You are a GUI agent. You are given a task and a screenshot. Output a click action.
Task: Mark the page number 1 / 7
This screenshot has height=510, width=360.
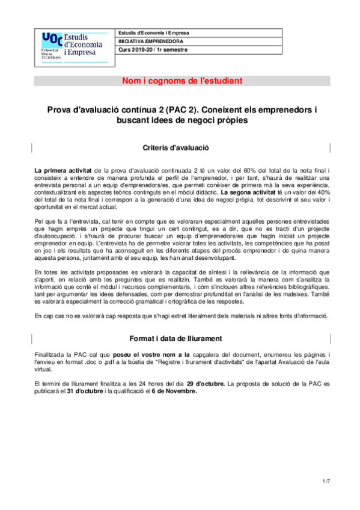[x=327, y=481]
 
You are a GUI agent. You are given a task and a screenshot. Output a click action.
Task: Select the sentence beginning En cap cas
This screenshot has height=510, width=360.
[x=180, y=316]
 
